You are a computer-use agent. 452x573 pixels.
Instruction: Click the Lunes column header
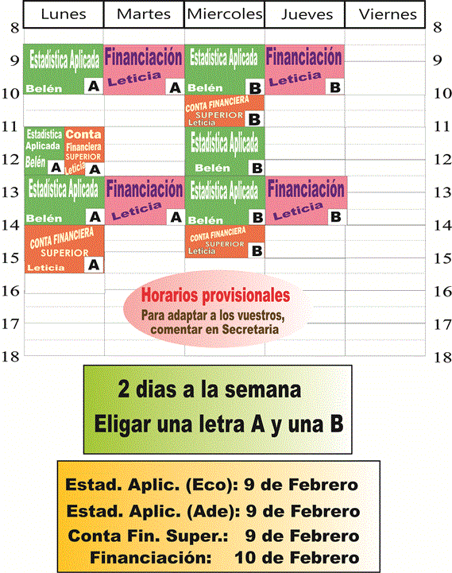63,14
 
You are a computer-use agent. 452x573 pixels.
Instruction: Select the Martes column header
143,14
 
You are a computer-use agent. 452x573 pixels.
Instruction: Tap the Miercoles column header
224,14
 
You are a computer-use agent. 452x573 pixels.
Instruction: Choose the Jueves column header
304,14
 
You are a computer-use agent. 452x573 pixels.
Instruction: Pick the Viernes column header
387,14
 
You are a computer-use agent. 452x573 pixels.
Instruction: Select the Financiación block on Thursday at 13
306,199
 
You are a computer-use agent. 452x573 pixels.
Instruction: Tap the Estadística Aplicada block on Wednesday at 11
225,151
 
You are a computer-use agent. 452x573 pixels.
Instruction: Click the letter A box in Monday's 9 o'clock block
92,87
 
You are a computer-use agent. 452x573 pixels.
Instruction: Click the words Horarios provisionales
215,296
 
